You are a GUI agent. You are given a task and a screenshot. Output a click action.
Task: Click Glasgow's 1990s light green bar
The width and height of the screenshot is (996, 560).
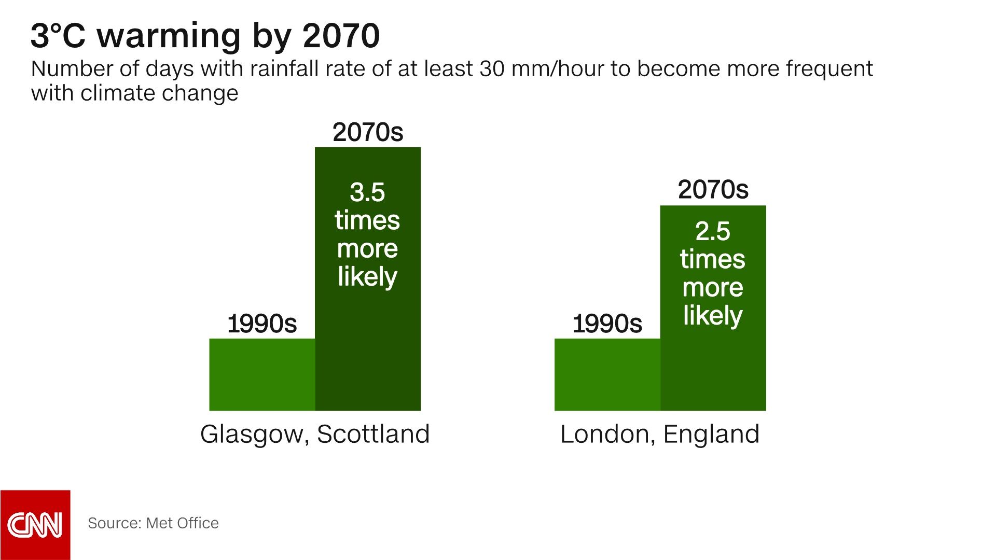262,374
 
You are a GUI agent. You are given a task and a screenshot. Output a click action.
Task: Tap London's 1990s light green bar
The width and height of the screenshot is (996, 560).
607,374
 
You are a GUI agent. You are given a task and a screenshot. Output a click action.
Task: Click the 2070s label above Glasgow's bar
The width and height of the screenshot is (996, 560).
368,132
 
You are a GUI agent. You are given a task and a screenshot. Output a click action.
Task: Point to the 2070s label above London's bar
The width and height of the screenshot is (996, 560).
713,190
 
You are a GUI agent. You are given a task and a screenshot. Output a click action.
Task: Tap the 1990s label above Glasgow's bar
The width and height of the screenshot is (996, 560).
262,324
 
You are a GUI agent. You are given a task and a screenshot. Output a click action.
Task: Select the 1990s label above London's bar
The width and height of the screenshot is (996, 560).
607,324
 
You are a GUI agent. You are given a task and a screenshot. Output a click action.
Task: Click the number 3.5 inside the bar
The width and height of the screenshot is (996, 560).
367,192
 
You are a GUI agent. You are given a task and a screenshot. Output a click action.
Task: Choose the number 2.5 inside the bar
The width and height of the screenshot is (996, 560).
713,231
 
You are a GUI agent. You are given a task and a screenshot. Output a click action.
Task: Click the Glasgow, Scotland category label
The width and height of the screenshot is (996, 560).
315,434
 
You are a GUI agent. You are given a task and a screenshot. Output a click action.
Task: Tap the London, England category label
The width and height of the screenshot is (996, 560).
660,434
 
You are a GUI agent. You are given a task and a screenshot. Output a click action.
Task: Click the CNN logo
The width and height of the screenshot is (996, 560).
35,525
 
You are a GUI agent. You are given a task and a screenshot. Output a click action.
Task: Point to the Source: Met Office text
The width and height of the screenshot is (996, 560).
153,523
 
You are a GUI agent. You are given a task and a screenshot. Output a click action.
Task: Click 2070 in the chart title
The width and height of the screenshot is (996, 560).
341,36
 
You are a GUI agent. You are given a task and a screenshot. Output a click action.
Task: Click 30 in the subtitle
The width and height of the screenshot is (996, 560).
491,69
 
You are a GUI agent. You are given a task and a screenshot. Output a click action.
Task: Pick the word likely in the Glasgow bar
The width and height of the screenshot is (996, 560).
367,277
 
